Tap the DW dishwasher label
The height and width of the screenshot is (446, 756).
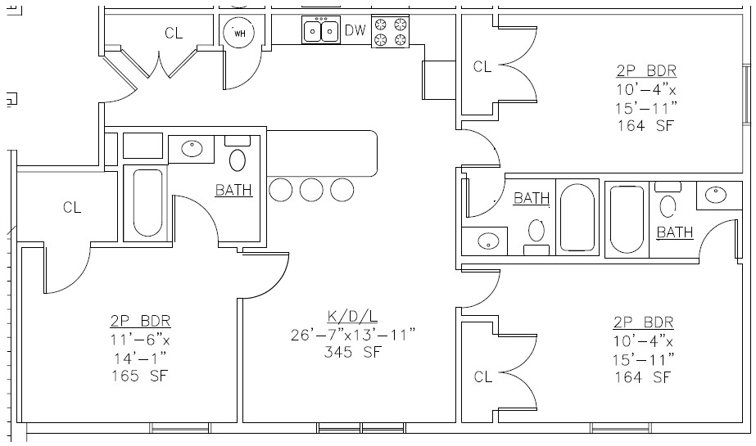point(355,31)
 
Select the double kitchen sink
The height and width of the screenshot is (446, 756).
point(321,31)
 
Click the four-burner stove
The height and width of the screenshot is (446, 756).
point(390,31)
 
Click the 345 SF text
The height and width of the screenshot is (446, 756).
point(353,353)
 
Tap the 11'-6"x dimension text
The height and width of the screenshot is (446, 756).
point(140,339)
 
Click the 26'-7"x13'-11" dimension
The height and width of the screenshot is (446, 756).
point(353,335)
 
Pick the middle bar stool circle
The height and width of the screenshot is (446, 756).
point(311,190)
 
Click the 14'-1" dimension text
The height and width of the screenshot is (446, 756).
point(140,358)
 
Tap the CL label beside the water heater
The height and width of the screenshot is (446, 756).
point(174,33)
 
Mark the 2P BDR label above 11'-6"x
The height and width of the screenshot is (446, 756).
point(140,321)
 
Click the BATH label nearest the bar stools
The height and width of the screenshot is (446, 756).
point(233,191)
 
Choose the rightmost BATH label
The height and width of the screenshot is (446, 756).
point(675,232)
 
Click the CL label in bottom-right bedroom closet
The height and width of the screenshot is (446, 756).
point(482,376)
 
